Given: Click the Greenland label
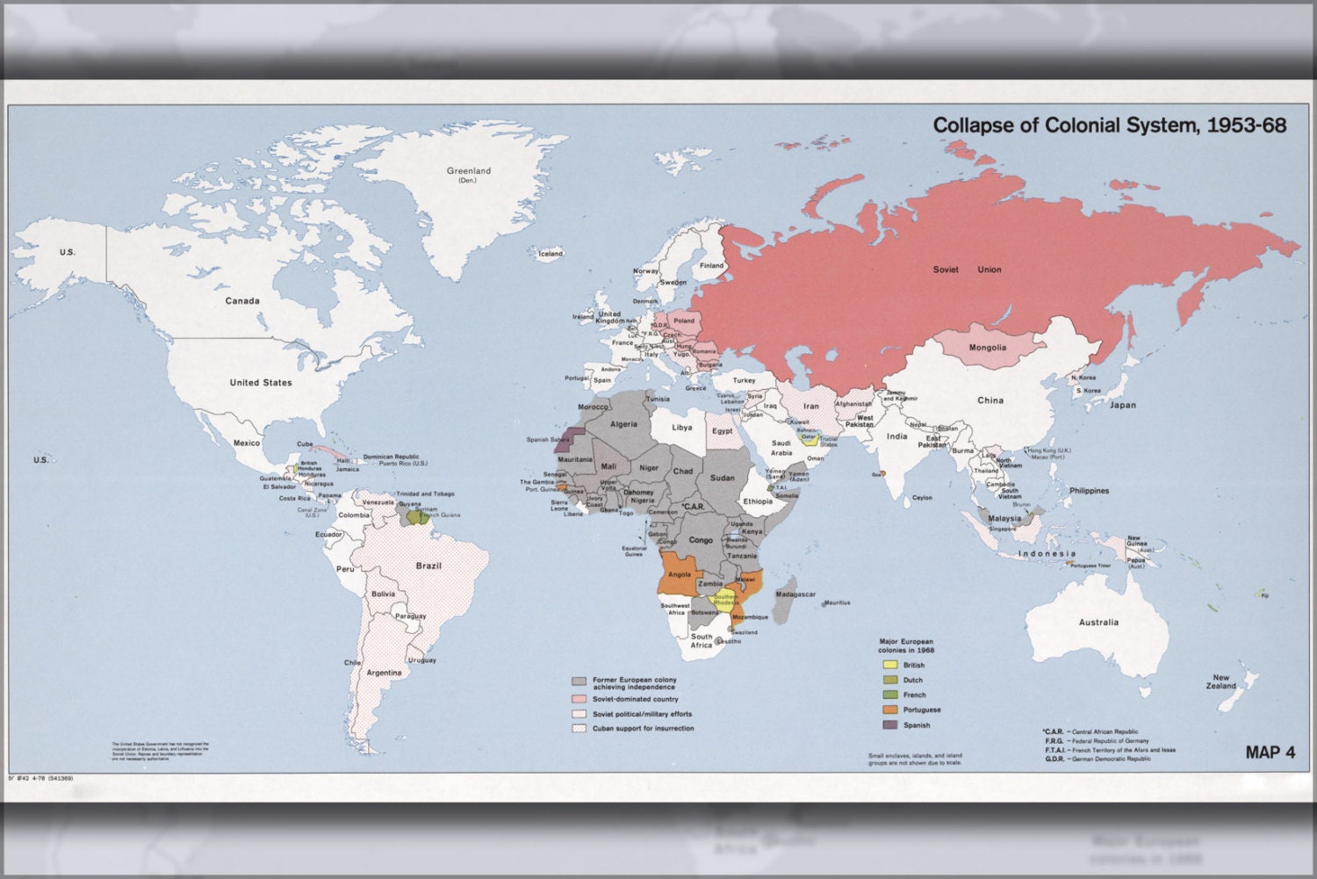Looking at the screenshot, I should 468,171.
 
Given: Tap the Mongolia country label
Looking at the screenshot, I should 987,348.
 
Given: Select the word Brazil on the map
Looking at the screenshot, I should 428,566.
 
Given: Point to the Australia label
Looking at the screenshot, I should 1098,622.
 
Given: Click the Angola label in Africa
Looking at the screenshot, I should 679,574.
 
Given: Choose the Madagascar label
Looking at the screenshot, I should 795,594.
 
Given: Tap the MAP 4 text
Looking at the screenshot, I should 1270,752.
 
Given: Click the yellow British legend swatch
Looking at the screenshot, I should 889,665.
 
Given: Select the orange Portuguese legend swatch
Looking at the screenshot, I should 889,710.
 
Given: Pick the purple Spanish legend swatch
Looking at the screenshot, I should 889,724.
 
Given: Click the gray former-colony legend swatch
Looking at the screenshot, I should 579,681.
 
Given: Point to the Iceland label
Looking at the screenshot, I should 550,254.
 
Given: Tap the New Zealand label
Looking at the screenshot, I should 1220,681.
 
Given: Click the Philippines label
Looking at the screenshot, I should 1089,491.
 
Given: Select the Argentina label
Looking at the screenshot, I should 384,673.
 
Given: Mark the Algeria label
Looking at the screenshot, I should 623,424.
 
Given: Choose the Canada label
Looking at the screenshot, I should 241,300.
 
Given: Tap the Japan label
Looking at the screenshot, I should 1122,405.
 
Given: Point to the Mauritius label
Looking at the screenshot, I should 837,602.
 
